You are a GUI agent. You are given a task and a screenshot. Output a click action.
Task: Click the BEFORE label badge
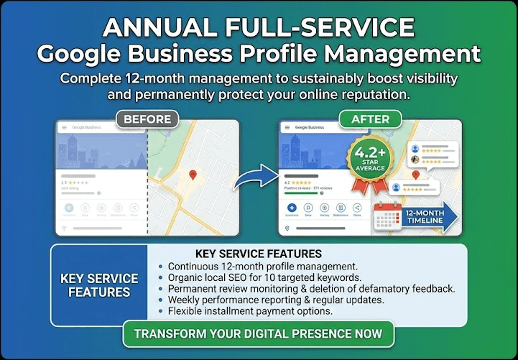(x=147, y=119)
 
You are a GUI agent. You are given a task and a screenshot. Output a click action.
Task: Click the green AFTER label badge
(x=371, y=119)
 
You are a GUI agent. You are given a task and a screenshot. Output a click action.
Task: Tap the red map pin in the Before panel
(x=192, y=175)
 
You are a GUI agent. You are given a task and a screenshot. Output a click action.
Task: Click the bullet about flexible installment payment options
(x=250, y=311)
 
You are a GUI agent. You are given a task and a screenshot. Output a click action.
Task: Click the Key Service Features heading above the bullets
(x=258, y=254)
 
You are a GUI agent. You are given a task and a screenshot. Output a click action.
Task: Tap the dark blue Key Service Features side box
(x=98, y=285)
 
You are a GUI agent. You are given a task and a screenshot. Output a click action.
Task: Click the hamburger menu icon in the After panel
(x=287, y=127)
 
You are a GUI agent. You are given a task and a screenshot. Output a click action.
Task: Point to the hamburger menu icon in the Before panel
(x=63, y=127)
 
